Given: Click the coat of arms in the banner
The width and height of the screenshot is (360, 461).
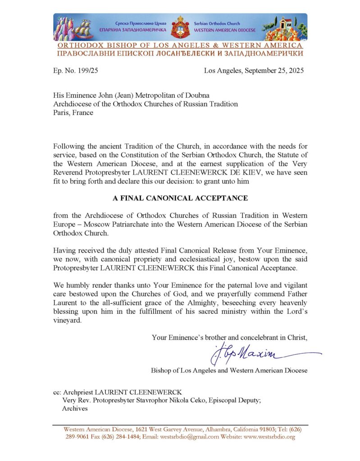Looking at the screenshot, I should coord(180,26).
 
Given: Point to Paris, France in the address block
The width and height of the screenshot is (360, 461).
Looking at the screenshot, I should coord(73,113).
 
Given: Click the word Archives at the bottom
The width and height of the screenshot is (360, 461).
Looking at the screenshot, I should coord(74,408).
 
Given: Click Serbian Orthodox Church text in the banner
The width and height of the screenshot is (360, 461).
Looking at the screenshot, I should coord(217,23).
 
